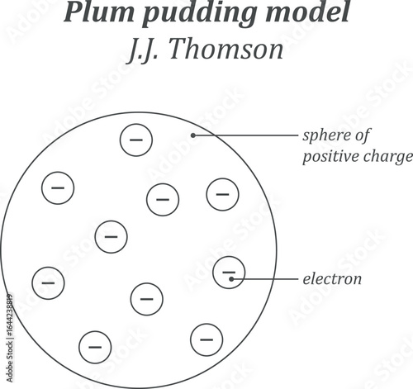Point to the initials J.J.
(148, 50)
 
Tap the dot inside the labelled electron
(232, 279)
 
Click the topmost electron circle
(136, 140)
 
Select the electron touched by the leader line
(229, 273)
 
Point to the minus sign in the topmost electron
(136, 140)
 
